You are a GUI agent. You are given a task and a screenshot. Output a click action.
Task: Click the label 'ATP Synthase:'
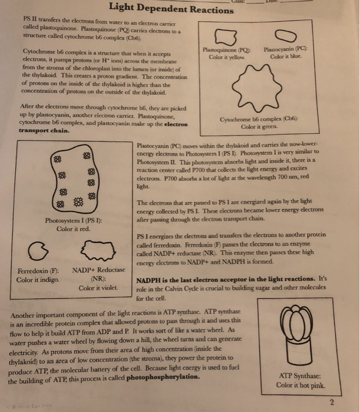(x=303, y=376)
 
